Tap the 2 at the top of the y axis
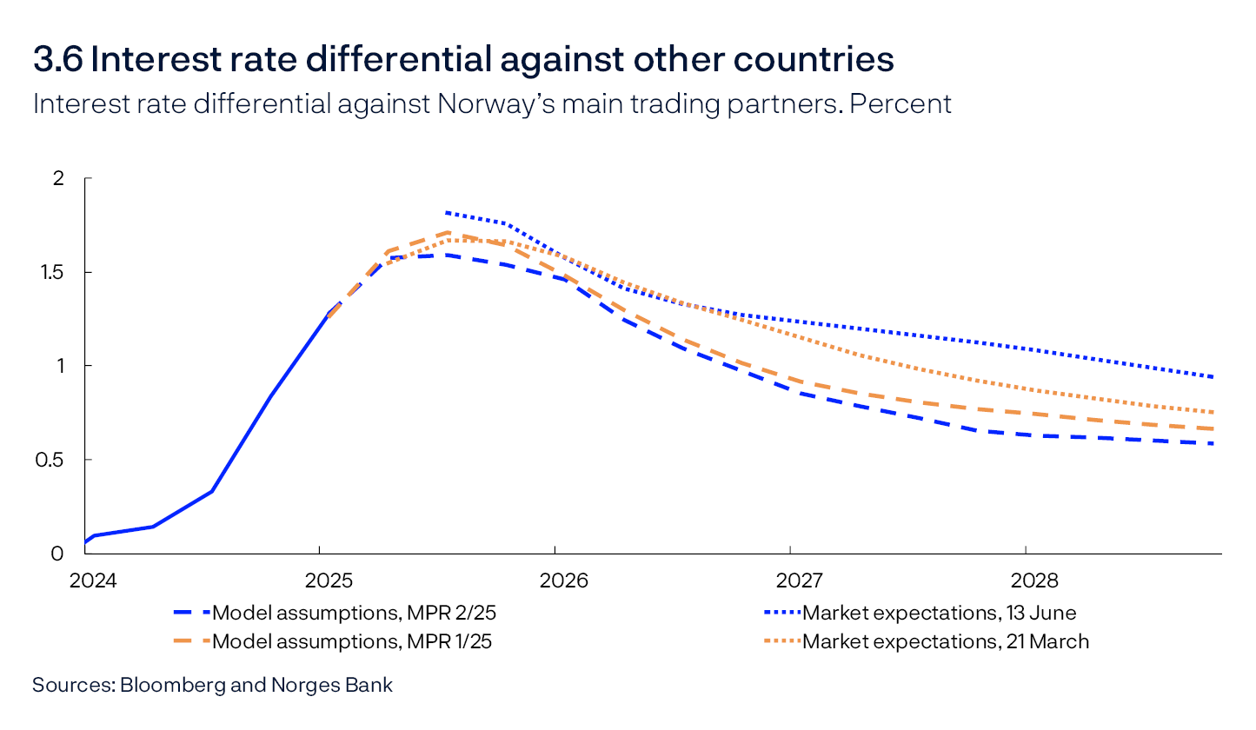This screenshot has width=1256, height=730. (x=59, y=178)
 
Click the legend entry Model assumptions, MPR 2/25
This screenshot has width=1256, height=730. (x=355, y=613)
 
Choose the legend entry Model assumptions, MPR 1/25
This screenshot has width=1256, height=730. (x=354, y=641)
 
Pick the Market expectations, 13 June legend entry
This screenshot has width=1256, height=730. (x=939, y=613)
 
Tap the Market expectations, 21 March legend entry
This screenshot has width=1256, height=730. (x=945, y=641)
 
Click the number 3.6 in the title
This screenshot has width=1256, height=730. (x=57, y=60)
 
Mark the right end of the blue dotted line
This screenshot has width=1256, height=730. (x=1213, y=376)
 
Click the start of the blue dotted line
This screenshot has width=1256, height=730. (x=446, y=212)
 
